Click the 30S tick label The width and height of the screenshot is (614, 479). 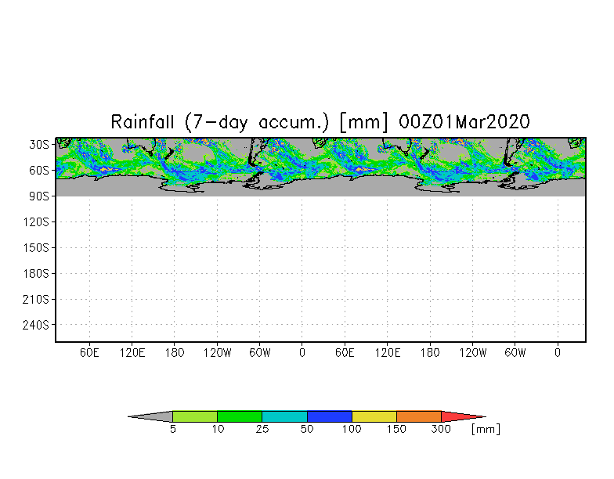point(39,144)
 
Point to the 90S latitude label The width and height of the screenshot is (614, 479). point(39,196)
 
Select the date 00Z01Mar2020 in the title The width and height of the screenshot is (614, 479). point(464,122)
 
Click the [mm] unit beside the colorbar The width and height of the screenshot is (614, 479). point(486,429)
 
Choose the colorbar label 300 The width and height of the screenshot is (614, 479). point(442,429)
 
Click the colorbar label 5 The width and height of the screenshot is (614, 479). point(172,429)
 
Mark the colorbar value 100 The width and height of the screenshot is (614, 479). point(352,429)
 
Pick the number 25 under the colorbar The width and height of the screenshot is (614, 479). point(262,429)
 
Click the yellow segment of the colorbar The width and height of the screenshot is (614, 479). point(374,416)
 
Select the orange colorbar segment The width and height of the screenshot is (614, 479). point(419,416)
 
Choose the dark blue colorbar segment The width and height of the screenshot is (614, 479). point(329,416)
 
